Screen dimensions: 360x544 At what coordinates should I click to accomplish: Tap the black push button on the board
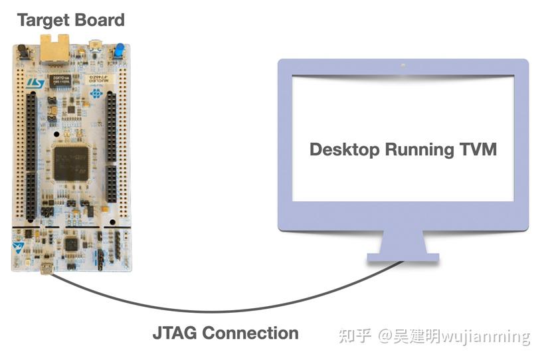pos(21,50)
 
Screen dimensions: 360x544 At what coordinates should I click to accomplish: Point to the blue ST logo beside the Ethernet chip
pos(35,82)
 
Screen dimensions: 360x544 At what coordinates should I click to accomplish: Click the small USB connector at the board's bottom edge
pos(47,268)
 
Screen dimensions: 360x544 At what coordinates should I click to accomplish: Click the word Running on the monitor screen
pos(417,149)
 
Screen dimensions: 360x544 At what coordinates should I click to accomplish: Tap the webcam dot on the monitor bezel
pos(403,65)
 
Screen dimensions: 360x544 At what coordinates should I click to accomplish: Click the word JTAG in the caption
pos(174,332)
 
